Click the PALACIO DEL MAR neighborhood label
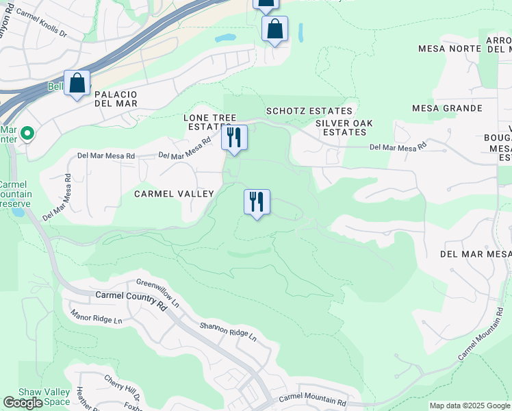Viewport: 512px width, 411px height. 116,99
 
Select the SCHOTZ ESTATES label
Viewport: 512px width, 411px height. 309,111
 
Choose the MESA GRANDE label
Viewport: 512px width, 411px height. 447,108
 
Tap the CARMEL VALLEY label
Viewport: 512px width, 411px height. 174,194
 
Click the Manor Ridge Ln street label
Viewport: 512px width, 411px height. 96,316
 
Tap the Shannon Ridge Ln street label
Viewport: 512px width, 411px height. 228,332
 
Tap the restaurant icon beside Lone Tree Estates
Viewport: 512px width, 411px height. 234,138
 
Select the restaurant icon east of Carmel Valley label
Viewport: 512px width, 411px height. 257,202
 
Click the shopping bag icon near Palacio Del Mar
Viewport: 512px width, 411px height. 77,84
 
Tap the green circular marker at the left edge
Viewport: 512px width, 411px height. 27,133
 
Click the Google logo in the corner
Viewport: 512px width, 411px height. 23,403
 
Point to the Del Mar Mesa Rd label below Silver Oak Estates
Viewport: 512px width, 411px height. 397,147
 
